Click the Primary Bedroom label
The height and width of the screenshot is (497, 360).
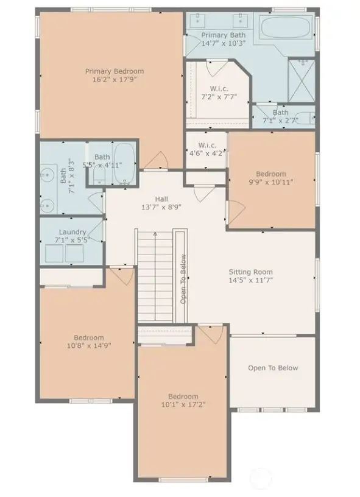[x=110, y=71]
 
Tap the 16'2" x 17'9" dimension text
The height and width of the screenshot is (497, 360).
[x=110, y=79]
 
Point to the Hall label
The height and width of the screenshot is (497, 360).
[x=161, y=199]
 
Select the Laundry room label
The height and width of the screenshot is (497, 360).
[x=72, y=232]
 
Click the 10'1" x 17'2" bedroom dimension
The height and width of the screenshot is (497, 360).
[x=183, y=403]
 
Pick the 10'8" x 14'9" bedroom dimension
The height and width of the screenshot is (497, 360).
[x=89, y=345]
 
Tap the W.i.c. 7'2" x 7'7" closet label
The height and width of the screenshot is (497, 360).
[x=219, y=96]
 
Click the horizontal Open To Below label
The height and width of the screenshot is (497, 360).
[x=273, y=368]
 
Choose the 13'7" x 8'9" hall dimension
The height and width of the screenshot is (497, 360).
[x=161, y=206]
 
